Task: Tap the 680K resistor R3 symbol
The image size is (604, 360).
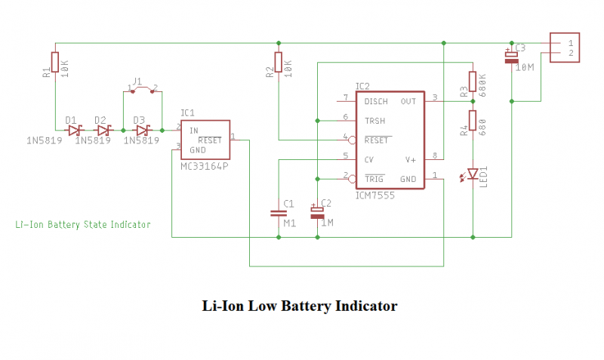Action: [x=473, y=82]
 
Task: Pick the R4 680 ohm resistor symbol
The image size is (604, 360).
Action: [x=473, y=121]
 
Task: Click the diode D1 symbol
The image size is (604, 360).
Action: [x=74, y=130]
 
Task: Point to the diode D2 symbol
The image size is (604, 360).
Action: [x=103, y=130]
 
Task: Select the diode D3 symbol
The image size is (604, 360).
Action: [x=142, y=130]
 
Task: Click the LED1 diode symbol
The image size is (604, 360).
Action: [x=473, y=174]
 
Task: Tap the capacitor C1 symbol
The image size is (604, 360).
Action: [x=278, y=214]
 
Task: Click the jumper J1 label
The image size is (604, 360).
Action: [x=137, y=80]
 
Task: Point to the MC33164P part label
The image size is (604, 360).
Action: [x=205, y=165]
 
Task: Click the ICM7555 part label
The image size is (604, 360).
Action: [x=374, y=195]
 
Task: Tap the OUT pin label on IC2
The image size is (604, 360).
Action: [x=408, y=101]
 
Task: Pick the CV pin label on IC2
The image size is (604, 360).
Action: [x=369, y=159]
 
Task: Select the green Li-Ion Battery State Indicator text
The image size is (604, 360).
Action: [x=83, y=224]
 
